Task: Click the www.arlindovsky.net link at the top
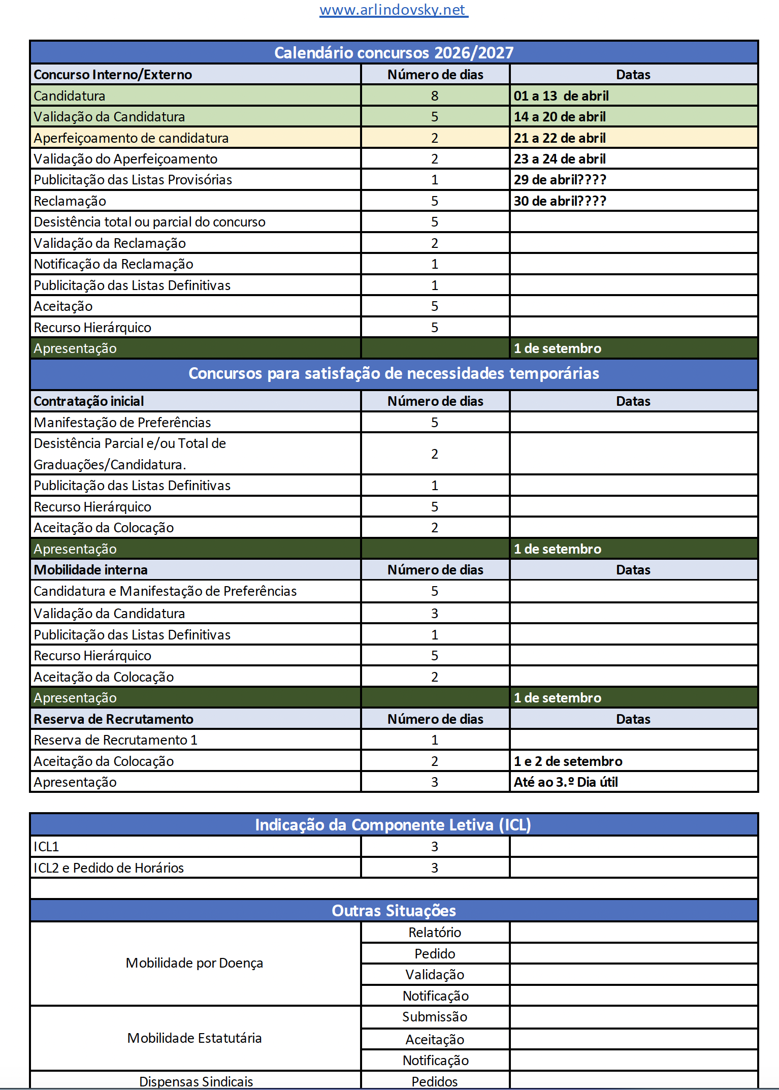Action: (394, 10)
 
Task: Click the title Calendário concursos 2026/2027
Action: (394, 53)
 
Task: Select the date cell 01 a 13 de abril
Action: (561, 96)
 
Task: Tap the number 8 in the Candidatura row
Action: (435, 96)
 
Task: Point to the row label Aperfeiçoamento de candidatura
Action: (131, 138)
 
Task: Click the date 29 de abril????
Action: (560, 180)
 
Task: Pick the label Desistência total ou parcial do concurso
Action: (149, 222)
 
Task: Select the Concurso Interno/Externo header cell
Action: (113, 75)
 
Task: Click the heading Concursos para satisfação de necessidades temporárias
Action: (394, 373)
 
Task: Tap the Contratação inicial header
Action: (89, 401)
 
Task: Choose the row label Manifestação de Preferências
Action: (122, 423)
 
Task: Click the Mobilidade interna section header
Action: (90, 570)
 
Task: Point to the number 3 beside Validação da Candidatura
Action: (435, 614)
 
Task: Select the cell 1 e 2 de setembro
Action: (568, 761)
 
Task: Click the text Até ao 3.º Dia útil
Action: (566, 782)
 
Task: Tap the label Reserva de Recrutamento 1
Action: (115, 740)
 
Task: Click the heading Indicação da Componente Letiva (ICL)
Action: (394, 825)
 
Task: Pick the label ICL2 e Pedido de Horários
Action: (109, 868)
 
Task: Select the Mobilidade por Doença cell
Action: (194, 963)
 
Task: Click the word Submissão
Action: (435, 1017)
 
